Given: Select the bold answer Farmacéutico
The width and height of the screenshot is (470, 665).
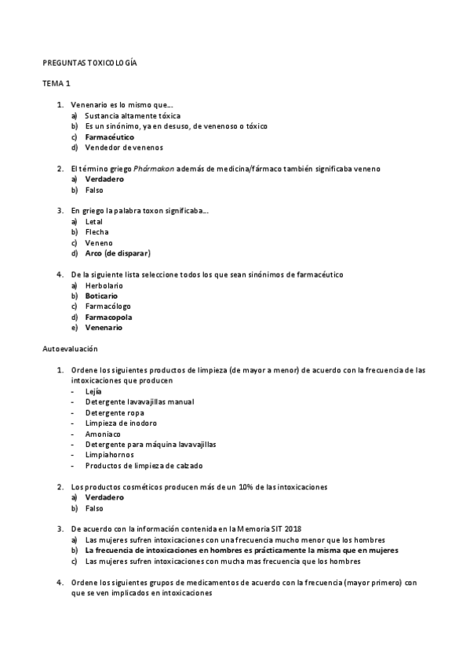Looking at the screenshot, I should pyautogui.click(x=109, y=136).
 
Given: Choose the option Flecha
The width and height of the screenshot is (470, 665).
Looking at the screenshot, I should pyautogui.click(x=97, y=232).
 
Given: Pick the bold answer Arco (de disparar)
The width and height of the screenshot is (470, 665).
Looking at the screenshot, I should pyautogui.click(x=118, y=253).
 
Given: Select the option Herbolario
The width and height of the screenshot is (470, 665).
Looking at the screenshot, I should pyautogui.click(x=104, y=285).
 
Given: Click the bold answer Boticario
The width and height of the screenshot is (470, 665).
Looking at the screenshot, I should pyautogui.click(x=102, y=296).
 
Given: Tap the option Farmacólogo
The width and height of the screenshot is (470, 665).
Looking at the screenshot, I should pyautogui.click(x=107, y=307).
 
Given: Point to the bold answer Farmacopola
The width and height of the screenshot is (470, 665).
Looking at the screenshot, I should pyautogui.click(x=108, y=318).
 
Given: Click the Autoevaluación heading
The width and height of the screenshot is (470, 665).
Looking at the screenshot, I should pyautogui.click(x=71, y=349).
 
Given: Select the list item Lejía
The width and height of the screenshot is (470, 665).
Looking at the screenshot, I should pyautogui.click(x=93, y=391).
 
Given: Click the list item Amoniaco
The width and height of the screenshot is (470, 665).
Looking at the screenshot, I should pyautogui.click(x=103, y=434).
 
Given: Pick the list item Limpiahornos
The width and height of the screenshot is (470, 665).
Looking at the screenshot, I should pyautogui.click(x=109, y=455).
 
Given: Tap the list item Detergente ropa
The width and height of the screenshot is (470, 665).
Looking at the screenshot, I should pyautogui.click(x=115, y=412).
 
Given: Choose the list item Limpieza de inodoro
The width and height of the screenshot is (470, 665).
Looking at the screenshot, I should pyautogui.click(x=121, y=423).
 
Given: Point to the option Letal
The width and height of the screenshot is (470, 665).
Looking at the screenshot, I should pyautogui.click(x=94, y=222).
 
